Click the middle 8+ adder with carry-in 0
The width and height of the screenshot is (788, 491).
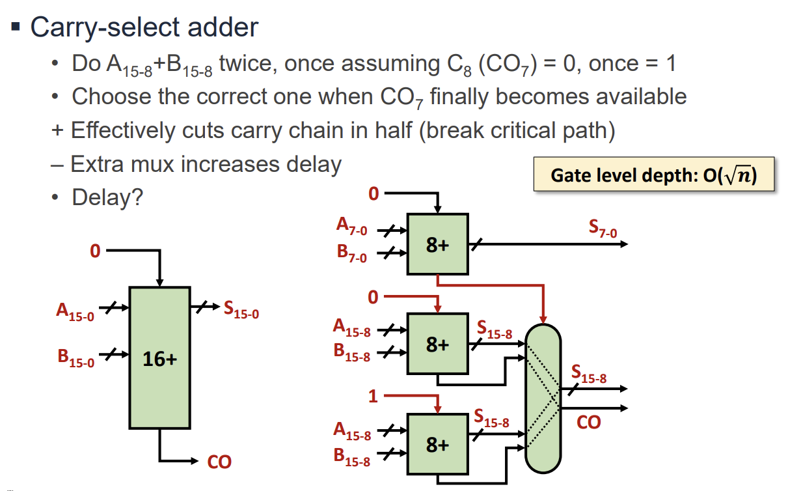(x=437, y=343)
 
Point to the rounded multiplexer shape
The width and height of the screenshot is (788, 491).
(x=543, y=397)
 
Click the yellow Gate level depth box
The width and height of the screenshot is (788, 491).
(x=653, y=175)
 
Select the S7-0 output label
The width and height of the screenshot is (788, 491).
(x=603, y=229)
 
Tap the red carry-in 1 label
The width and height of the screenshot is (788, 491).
(x=373, y=395)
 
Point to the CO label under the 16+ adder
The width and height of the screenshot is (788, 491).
(x=219, y=462)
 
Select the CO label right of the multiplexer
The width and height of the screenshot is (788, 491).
(x=588, y=423)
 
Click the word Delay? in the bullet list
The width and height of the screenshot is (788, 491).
(x=107, y=197)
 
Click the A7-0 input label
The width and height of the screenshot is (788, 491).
(x=351, y=227)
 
